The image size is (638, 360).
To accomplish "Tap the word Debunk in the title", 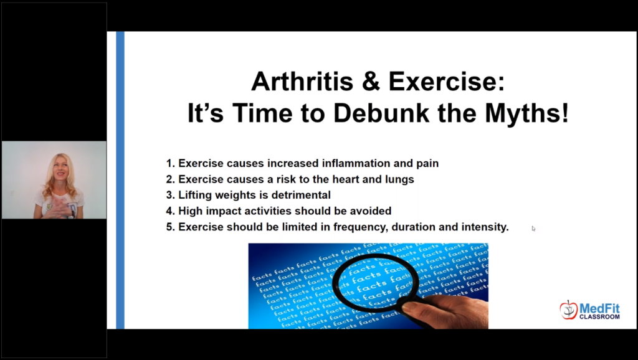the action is pyautogui.click(x=381, y=113).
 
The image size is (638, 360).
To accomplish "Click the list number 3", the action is pyautogui.click(x=171, y=195).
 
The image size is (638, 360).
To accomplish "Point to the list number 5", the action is pyautogui.click(x=171, y=227).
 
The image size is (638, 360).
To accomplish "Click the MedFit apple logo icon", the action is pyautogui.click(x=568, y=310).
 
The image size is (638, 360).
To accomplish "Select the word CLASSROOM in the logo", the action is pyautogui.click(x=599, y=316).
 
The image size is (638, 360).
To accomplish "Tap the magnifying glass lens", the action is pyautogui.click(x=375, y=283).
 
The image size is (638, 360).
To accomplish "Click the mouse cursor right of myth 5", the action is pyautogui.click(x=533, y=229).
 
